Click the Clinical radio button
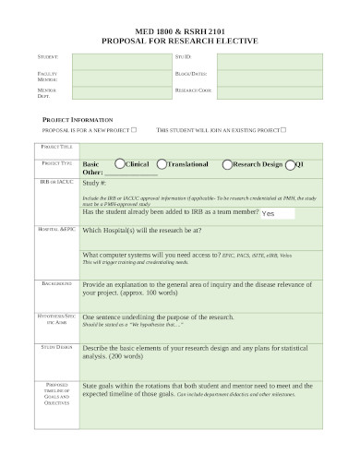118,163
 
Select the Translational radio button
162,163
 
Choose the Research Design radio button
227,163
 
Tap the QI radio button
290,164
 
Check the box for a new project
135,130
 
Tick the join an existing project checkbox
283,130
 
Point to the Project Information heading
78,120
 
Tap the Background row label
56,284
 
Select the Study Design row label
56,347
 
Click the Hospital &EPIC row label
56,228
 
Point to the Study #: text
95,184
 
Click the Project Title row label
56,147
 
